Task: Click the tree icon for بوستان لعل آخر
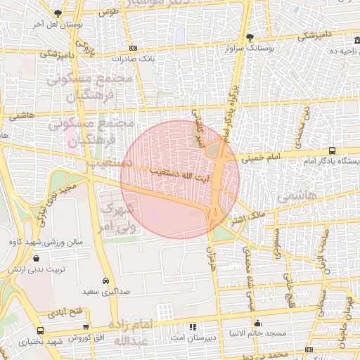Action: pos(57,14)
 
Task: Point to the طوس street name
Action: pos(108,12)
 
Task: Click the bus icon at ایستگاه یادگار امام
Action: pos(332,150)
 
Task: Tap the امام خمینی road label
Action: pos(261,159)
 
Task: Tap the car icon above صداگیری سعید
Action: pos(105,278)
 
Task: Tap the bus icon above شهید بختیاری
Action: pos(40,330)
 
